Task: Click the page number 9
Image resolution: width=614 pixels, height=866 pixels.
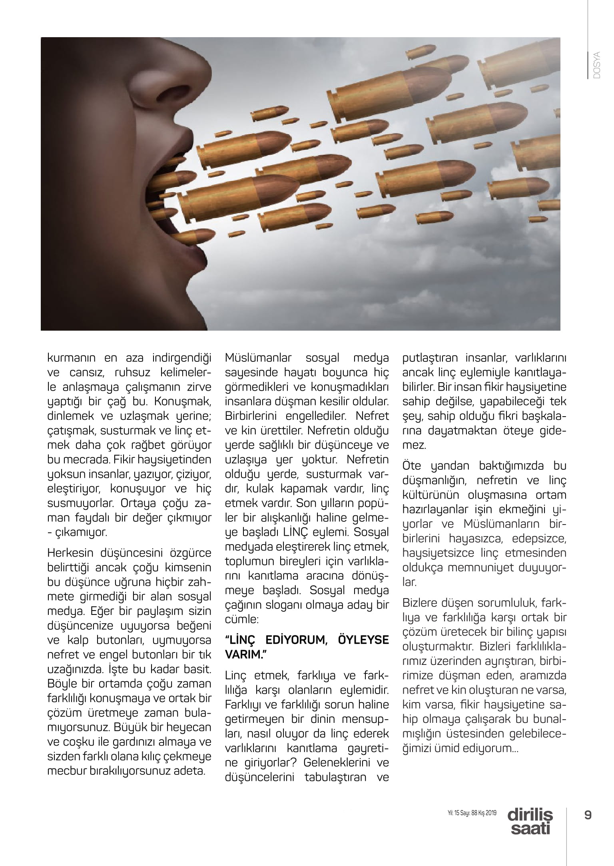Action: (x=588, y=814)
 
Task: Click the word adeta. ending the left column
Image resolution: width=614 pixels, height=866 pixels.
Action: (x=191, y=770)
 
